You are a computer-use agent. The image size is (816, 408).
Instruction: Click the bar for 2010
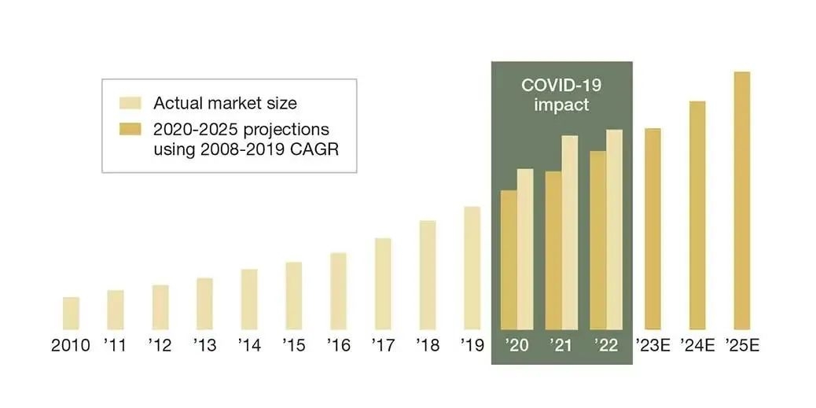click(x=71, y=313)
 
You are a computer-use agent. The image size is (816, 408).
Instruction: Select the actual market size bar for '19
click(x=472, y=268)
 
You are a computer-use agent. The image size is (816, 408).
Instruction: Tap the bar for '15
click(x=293, y=296)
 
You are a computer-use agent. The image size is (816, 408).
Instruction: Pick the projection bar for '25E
click(x=741, y=200)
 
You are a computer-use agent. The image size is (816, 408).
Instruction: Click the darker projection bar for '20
click(x=509, y=259)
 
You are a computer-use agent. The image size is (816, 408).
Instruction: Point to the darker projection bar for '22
click(x=597, y=240)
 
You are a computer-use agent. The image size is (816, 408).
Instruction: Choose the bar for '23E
click(x=652, y=229)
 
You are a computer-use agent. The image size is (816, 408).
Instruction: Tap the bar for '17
click(x=383, y=284)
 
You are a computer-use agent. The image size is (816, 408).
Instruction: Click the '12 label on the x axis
click(x=160, y=346)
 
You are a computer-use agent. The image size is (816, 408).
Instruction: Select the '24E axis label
click(x=697, y=346)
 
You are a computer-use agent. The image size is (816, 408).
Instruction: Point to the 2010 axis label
click(x=71, y=346)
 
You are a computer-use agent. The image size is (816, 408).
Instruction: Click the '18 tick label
click(x=428, y=346)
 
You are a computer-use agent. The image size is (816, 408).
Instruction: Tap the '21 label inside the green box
click(x=561, y=346)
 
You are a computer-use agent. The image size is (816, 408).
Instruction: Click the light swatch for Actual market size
click(x=129, y=103)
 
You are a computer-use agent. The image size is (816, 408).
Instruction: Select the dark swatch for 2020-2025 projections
click(x=129, y=129)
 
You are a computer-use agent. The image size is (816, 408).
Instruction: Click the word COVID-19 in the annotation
click(x=561, y=85)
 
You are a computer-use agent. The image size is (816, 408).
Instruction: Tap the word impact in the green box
click(x=561, y=105)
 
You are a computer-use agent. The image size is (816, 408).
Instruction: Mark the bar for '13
click(x=204, y=303)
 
